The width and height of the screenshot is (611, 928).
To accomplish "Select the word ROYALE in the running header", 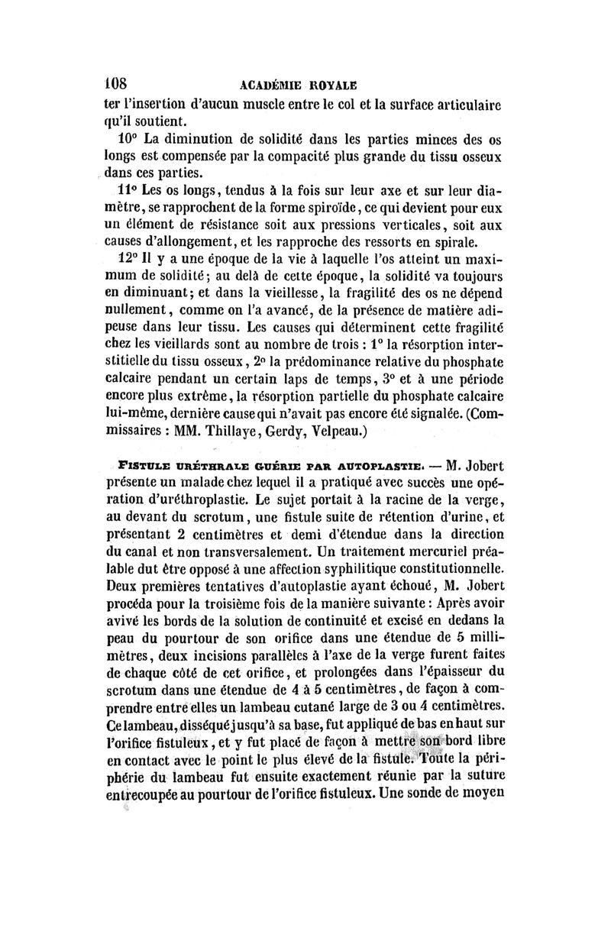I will [x=335, y=83].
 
